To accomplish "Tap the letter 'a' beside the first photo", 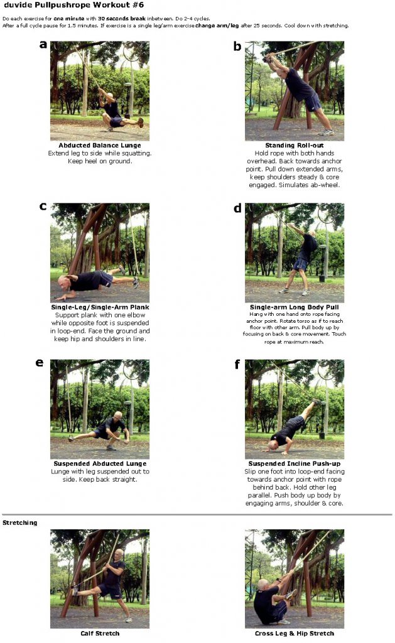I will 43,44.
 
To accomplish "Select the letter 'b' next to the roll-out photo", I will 237,46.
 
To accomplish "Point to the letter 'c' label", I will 43,206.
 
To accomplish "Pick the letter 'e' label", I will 41,362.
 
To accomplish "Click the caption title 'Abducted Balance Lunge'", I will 99,146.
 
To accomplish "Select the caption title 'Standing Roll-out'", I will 294,146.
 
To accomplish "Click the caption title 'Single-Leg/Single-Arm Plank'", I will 99,308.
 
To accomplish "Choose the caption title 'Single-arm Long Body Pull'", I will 294,308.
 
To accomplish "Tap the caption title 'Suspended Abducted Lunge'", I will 99,464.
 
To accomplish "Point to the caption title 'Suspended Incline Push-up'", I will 294,464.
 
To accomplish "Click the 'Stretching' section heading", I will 19,522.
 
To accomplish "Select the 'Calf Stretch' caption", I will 99,634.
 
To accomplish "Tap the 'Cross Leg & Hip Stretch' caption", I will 294,634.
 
